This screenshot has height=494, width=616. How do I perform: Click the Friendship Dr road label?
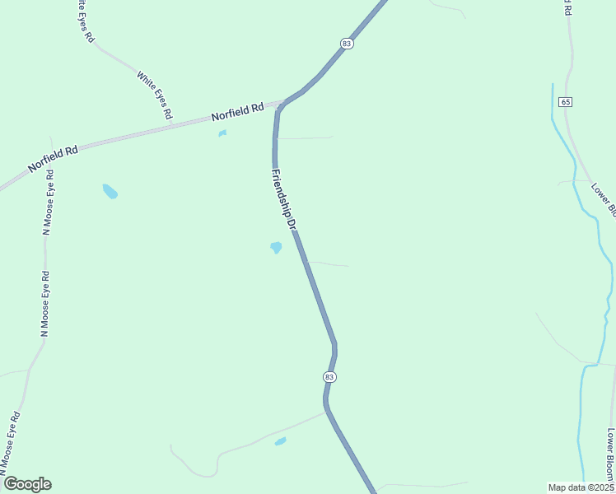(282, 198)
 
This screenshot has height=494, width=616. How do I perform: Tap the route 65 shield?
(564, 101)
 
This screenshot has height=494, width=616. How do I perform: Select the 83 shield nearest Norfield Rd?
(347, 43)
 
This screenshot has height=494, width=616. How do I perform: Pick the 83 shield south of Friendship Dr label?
(329, 376)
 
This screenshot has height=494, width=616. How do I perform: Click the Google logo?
(27, 483)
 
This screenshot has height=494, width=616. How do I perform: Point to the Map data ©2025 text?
(581, 487)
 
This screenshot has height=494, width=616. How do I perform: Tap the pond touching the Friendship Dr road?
(276, 247)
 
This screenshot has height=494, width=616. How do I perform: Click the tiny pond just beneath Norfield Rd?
(222, 133)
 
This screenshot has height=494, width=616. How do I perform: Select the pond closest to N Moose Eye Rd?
(110, 191)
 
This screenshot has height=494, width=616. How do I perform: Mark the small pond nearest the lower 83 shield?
(280, 441)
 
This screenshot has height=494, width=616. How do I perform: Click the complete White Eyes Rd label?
(154, 96)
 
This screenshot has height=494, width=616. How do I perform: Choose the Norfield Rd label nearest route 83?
(237, 111)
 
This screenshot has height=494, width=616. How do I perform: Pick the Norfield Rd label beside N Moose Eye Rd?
(53, 158)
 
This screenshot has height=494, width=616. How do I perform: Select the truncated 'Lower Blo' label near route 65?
(604, 198)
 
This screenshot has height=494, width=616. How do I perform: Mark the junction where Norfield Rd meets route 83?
(281, 105)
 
